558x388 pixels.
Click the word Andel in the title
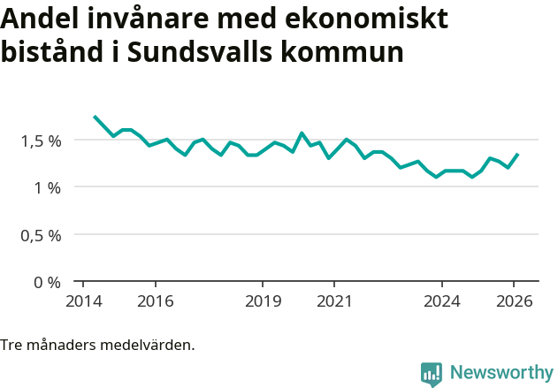pyautogui.click(x=37, y=19)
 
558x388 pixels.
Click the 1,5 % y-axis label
pyautogui.click(x=42, y=141)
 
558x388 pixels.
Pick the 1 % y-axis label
pyautogui.click(x=49, y=187)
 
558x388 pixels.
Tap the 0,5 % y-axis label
pyautogui.click(x=42, y=235)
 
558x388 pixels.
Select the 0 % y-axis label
pyautogui.click(x=49, y=283)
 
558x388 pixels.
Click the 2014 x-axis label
pyautogui.click(x=83, y=301)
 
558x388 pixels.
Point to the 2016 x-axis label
pyautogui.click(x=155, y=301)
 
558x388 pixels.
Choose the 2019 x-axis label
pyautogui.click(x=263, y=301)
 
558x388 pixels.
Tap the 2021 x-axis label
pyautogui.click(x=334, y=301)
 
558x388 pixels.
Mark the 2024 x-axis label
pyautogui.click(x=442, y=301)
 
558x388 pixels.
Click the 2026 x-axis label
pyautogui.click(x=514, y=301)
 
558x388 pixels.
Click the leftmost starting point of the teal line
pyautogui.click(x=95, y=117)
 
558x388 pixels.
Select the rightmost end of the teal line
pyautogui.click(x=518, y=154)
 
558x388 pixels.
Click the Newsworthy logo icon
pyautogui.click(x=432, y=374)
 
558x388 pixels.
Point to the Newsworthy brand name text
pyautogui.click(x=501, y=373)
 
